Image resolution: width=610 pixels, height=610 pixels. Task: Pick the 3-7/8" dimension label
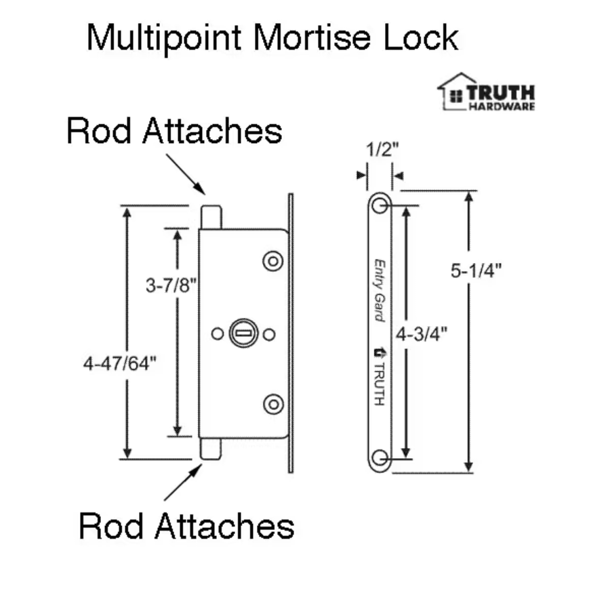click(171, 286)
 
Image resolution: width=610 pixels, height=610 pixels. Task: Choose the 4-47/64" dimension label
click(119, 363)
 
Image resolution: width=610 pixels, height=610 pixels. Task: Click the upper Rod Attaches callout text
click(174, 131)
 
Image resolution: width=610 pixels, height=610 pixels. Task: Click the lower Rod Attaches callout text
click(186, 525)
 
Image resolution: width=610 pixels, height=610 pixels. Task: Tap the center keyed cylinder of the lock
click(243, 333)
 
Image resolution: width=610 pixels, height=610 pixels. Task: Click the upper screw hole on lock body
click(273, 261)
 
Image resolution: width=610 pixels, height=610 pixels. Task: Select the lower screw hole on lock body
click(273, 403)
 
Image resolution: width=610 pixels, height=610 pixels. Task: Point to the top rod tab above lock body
click(211, 217)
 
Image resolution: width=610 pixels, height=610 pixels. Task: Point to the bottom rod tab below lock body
click(210, 449)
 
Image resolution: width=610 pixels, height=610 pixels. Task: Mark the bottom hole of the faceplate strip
click(380, 458)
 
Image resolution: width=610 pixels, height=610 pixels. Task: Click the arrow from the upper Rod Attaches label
click(185, 174)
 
